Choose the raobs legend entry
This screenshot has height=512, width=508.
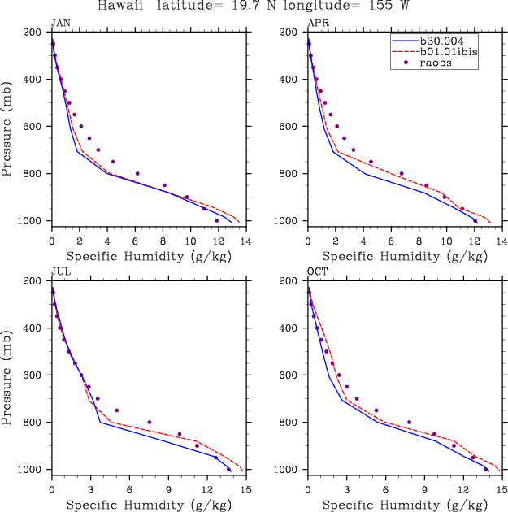(437, 63)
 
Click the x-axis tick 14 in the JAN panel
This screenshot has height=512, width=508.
(245, 241)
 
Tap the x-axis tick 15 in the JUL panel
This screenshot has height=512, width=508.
(245, 490)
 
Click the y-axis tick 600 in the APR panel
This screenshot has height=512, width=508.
(289, 127)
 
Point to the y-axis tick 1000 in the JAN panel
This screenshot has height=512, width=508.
(31, 221)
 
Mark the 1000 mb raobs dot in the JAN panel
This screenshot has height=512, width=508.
(216, 221)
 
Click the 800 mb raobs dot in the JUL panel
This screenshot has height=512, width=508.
(150, 422)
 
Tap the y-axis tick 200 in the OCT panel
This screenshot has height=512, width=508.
(289, 281)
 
